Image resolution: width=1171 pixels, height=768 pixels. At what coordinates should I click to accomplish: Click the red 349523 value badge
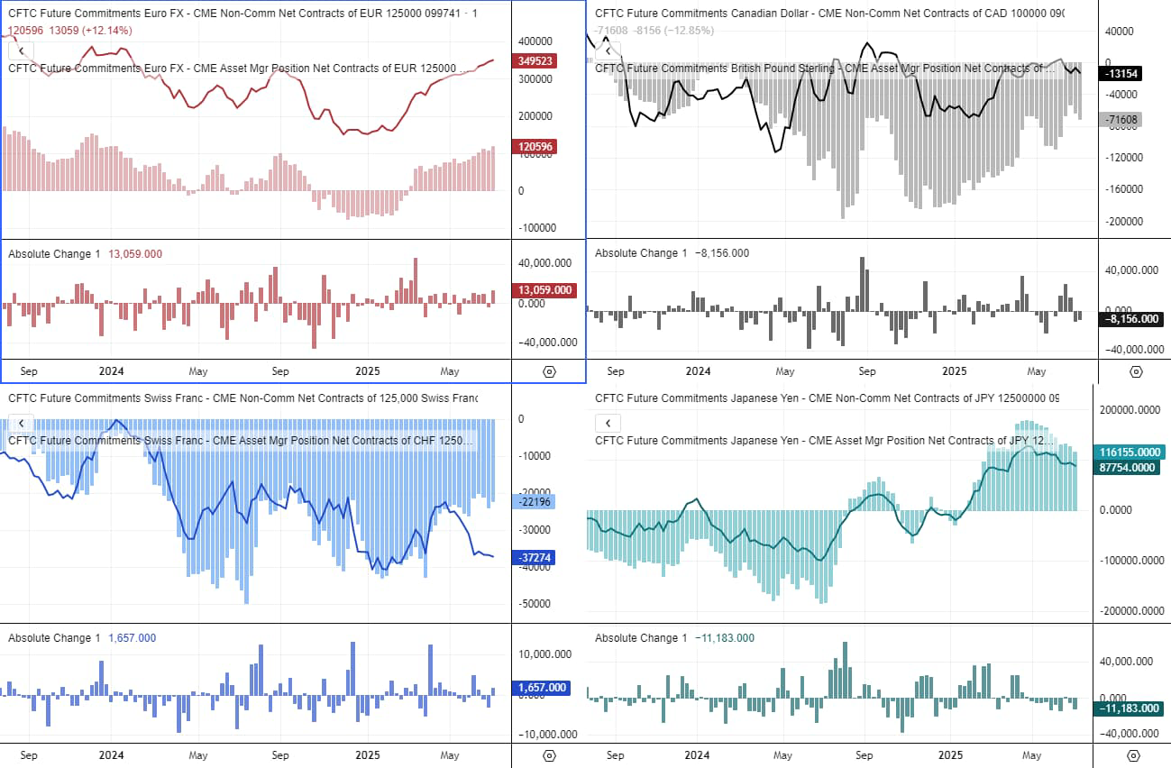536,61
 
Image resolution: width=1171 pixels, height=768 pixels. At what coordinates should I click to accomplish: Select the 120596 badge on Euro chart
536,146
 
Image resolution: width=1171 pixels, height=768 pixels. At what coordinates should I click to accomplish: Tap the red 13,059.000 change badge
544,289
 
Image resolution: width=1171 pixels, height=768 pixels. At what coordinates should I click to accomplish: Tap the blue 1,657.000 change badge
544,688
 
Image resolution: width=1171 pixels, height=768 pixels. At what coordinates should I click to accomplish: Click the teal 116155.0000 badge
1130,452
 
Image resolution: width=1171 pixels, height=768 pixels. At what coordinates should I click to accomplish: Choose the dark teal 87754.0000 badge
1130,467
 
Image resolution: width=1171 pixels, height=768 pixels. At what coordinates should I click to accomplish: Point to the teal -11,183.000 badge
1130,709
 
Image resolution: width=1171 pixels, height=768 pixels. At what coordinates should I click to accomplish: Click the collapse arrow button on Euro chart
21,51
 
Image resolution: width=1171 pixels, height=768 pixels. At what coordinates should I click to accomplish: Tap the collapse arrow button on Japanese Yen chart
608,423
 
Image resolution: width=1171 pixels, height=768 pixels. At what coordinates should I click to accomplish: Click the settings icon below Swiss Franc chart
549,755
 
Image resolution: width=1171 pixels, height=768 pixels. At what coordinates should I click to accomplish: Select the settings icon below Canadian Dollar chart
1136,371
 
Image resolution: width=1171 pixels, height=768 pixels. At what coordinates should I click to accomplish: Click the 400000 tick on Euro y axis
535,41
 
